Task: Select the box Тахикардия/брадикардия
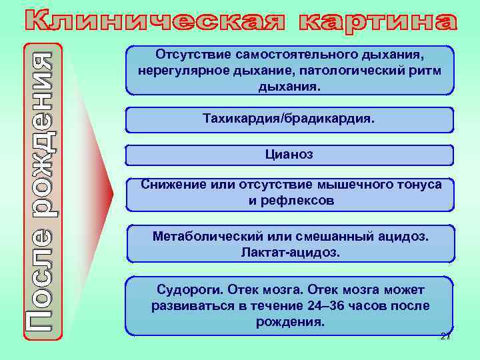pyautogui.click(x=289, y=118)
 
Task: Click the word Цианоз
pyautogui.click(x=289, y=155)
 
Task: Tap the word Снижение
pyautogui.click(x=166, y=184)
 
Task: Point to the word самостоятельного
pyautogui.click(x=290, y=53)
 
